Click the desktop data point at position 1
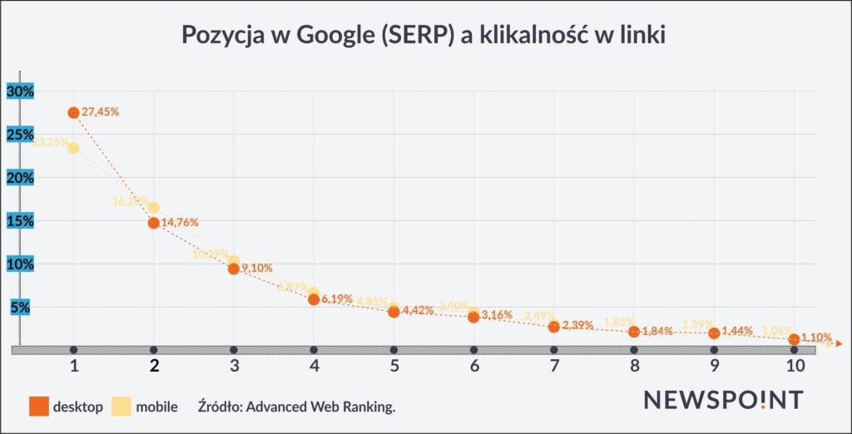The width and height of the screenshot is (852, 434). [x=73, y=112]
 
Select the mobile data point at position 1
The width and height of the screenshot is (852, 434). [x=73, y=148]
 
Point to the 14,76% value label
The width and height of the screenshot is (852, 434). [x=181, y=222]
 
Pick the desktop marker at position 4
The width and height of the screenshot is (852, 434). [x=314, y=299]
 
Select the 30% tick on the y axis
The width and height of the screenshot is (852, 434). [x=19, y=91]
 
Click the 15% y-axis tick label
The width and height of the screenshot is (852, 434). [x=19, y=221]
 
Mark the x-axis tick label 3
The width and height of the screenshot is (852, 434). [x=234, y=367]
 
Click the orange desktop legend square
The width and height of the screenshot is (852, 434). [x=37, y=407]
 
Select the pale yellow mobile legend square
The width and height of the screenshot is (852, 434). [x=121, y=407]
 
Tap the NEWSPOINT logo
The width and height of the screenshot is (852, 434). [x=723, y=400]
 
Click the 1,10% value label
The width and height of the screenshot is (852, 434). [x=816, y=338]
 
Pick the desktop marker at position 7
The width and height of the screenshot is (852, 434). [x=553, y=327]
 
